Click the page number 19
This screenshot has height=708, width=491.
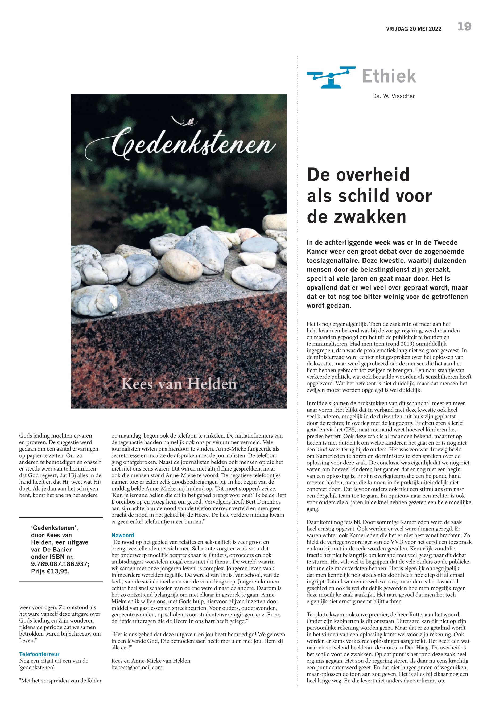point(464,27)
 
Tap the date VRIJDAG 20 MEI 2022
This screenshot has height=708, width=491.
point(414,29)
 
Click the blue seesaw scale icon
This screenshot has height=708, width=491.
point(331,77)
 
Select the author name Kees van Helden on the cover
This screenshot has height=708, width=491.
point(179,384)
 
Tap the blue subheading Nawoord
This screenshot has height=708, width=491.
point(123,535)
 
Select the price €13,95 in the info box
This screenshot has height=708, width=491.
point(59,572)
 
